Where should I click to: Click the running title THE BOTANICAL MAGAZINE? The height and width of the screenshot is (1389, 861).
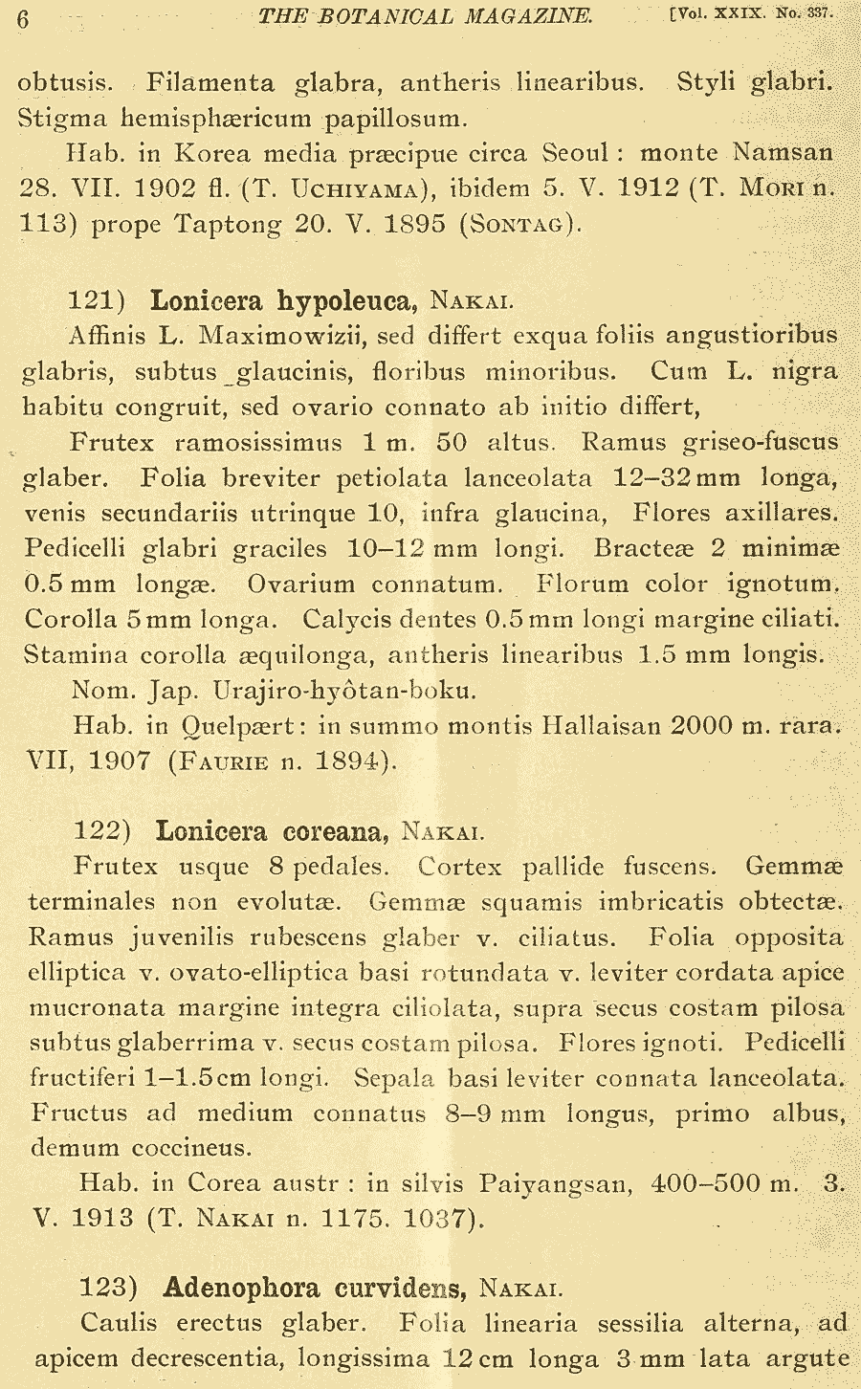point(426,16)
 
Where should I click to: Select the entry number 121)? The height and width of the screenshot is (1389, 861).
point(98,300)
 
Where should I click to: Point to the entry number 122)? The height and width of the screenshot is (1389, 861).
point(102,830)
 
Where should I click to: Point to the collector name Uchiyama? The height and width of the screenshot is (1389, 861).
point(356,189)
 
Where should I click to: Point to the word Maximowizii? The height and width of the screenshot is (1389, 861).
point(275,336)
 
